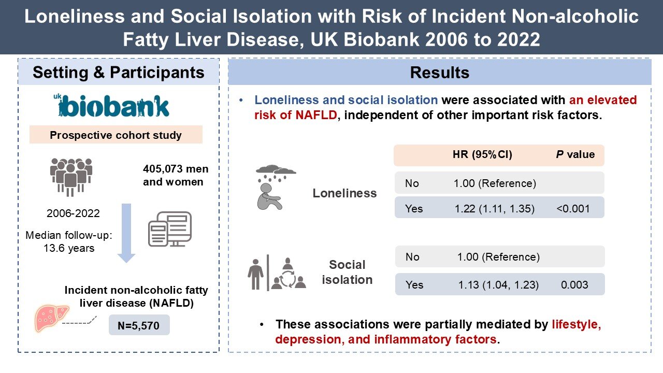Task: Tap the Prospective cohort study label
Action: [116, 135]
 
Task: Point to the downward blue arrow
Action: [126, 233]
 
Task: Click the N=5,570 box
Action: [139, 326]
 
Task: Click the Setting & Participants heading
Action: [119, 73]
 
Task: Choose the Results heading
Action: [439, 73]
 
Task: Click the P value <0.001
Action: [573, 209]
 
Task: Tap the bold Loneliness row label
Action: [344, 193]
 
